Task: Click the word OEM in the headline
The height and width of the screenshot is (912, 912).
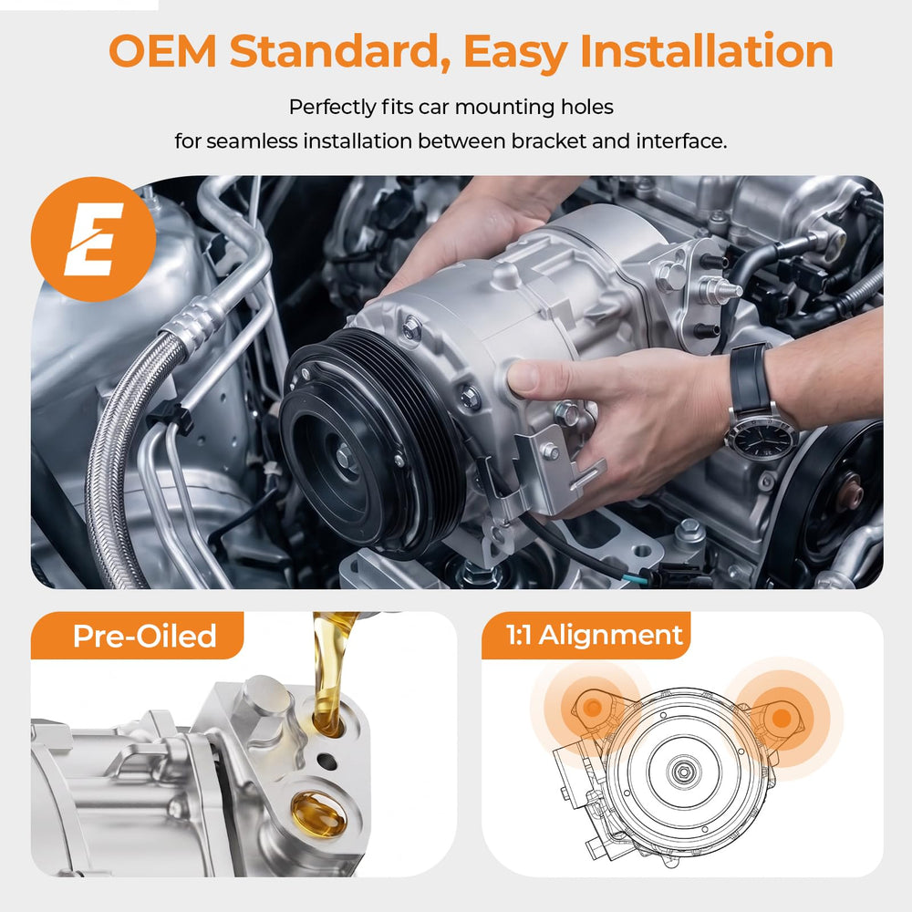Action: coord(163,50)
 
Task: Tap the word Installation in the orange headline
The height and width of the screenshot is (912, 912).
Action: coord(707,50)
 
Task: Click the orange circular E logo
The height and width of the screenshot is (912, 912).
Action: coord(93,238)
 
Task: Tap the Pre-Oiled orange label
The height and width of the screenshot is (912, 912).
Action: coord(138,635)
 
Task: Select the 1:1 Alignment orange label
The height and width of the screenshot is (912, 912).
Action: coord(586,635)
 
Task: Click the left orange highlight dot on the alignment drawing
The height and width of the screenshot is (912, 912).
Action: coord(593,708)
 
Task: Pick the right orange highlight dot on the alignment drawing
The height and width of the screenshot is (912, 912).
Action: coord(782,719)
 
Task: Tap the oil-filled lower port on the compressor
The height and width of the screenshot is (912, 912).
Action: coord(318,814)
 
